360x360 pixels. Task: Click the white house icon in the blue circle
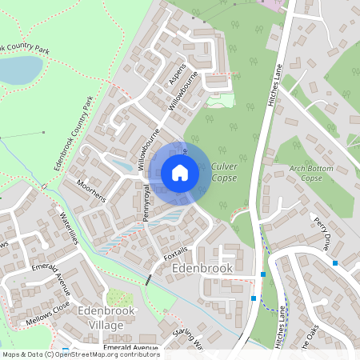tap(180, 173)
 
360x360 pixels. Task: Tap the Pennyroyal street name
tap(146, 203)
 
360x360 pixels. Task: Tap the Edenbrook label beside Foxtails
tap(202, 269)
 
